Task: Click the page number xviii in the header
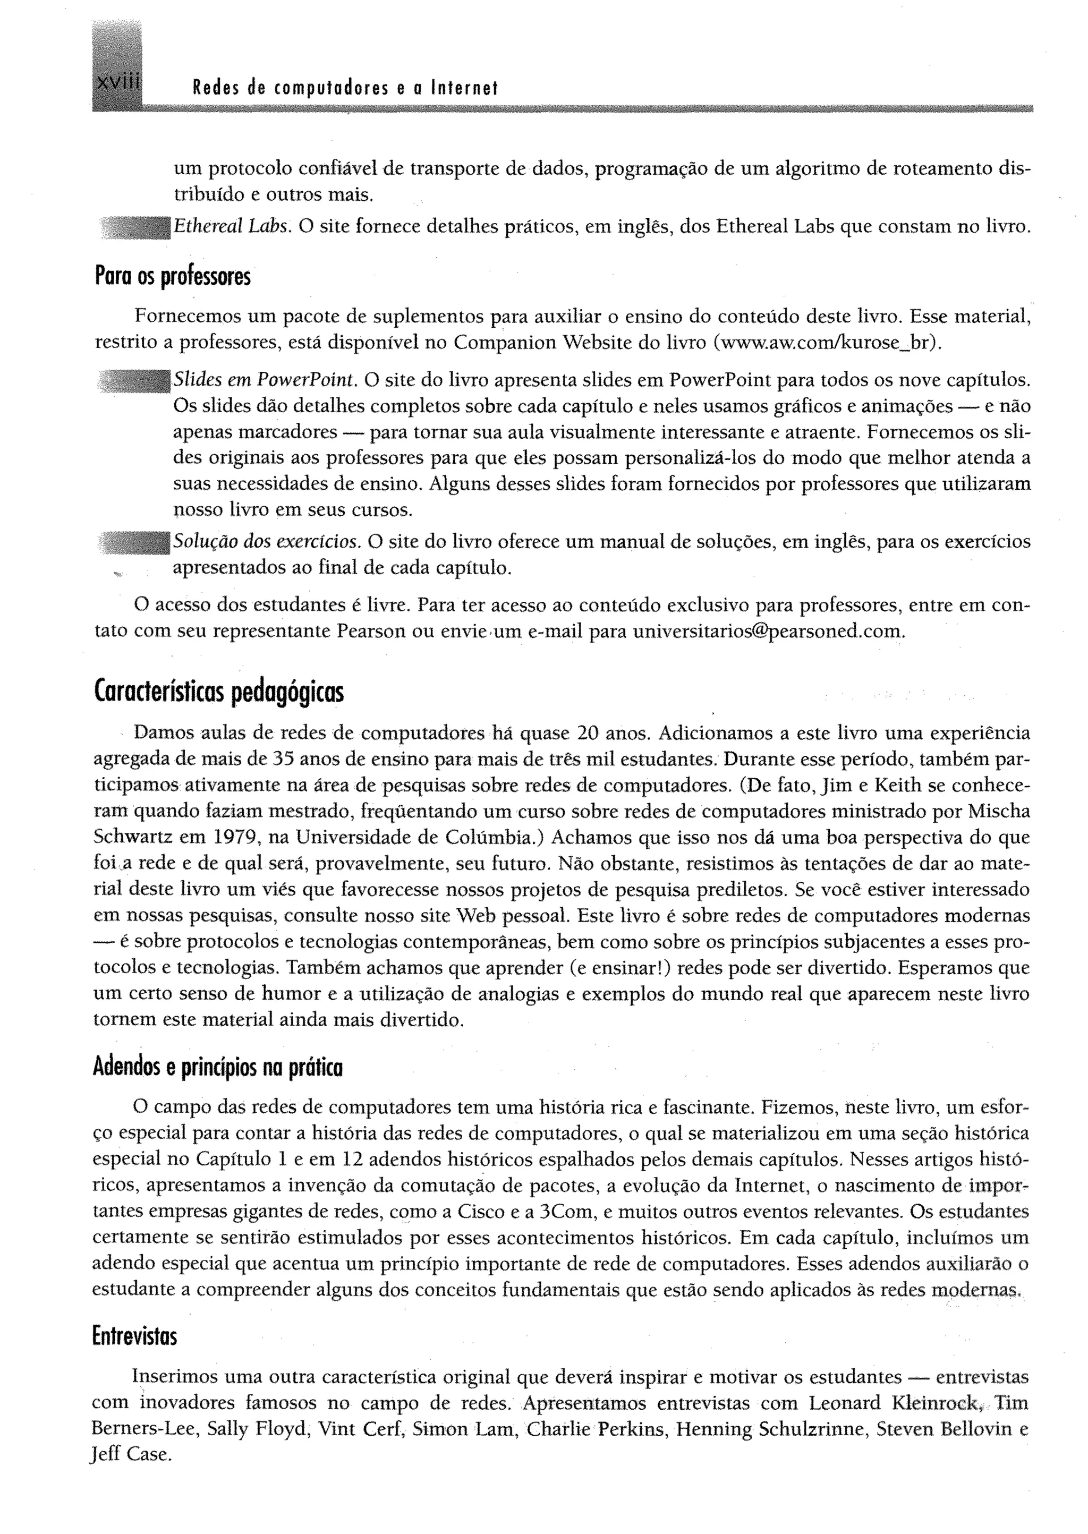coord(117,87)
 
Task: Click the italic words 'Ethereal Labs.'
coord(232,228)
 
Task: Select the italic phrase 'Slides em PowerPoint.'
coord(265,380)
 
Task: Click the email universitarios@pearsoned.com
coord(768,632)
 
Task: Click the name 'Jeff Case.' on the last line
coord(131,1455)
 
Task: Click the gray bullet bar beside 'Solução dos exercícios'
coord(134,541)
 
